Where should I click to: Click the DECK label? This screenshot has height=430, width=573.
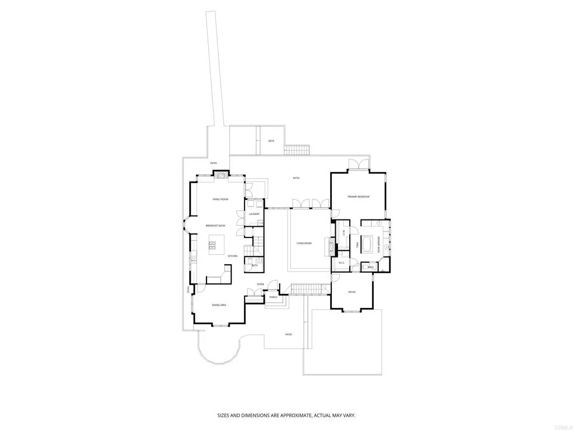tap(271, 141)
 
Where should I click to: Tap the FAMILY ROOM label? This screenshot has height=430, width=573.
tap(220, 199)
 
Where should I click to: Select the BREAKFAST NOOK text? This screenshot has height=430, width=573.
tap(215, 225)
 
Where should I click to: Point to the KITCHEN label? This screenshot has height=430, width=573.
tap(233, 256)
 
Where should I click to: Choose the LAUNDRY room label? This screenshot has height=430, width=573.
tap(254, 214)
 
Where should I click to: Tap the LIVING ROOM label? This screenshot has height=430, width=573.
tap(304, 243)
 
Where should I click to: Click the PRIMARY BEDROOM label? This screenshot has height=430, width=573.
tap(358, 197)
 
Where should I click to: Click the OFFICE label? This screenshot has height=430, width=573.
tap(352, 292)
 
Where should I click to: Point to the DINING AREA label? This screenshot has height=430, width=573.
tap(219, 305)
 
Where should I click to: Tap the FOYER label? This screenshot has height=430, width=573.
tap(260, 284)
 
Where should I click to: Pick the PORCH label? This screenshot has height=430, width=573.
tap(273, 297)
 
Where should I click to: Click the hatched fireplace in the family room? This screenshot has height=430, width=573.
tap(222, 174)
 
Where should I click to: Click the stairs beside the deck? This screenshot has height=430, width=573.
tap(297, 149)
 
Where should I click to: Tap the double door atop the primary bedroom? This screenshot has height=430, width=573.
tap(358, 164)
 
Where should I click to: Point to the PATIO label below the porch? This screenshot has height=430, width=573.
tap(289, 334)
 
